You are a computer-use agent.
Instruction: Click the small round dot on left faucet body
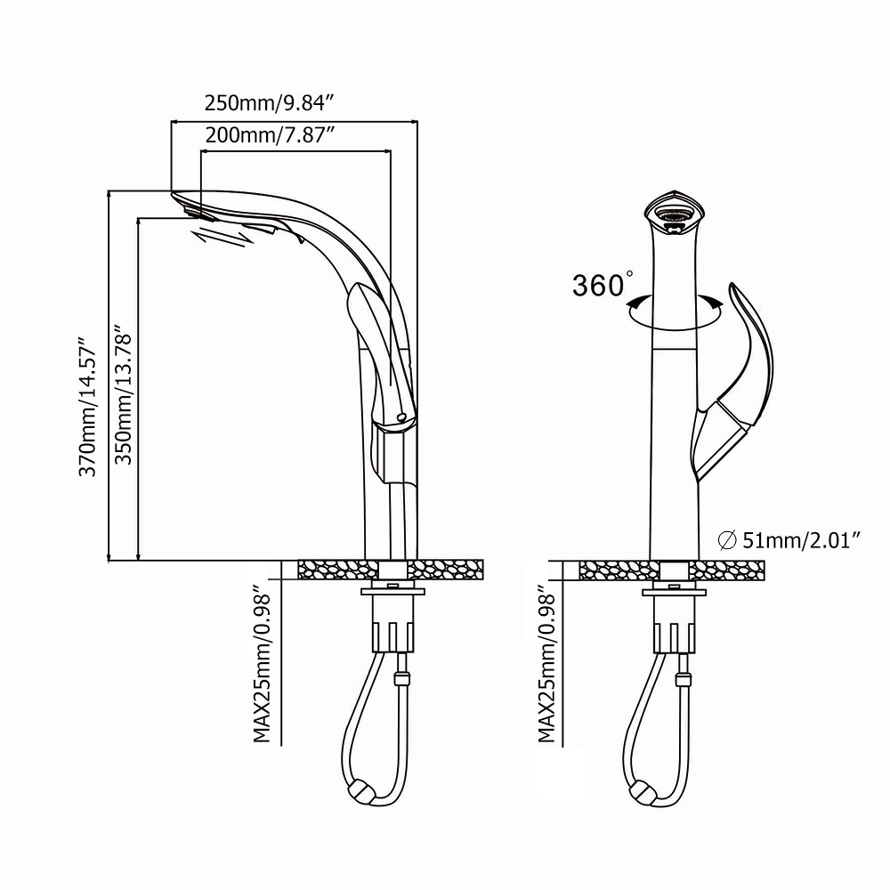[400, 417]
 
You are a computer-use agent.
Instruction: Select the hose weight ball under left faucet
[361, 790]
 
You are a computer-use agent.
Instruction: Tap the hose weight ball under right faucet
[641, 790]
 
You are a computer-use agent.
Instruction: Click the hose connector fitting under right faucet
[684, 682]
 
